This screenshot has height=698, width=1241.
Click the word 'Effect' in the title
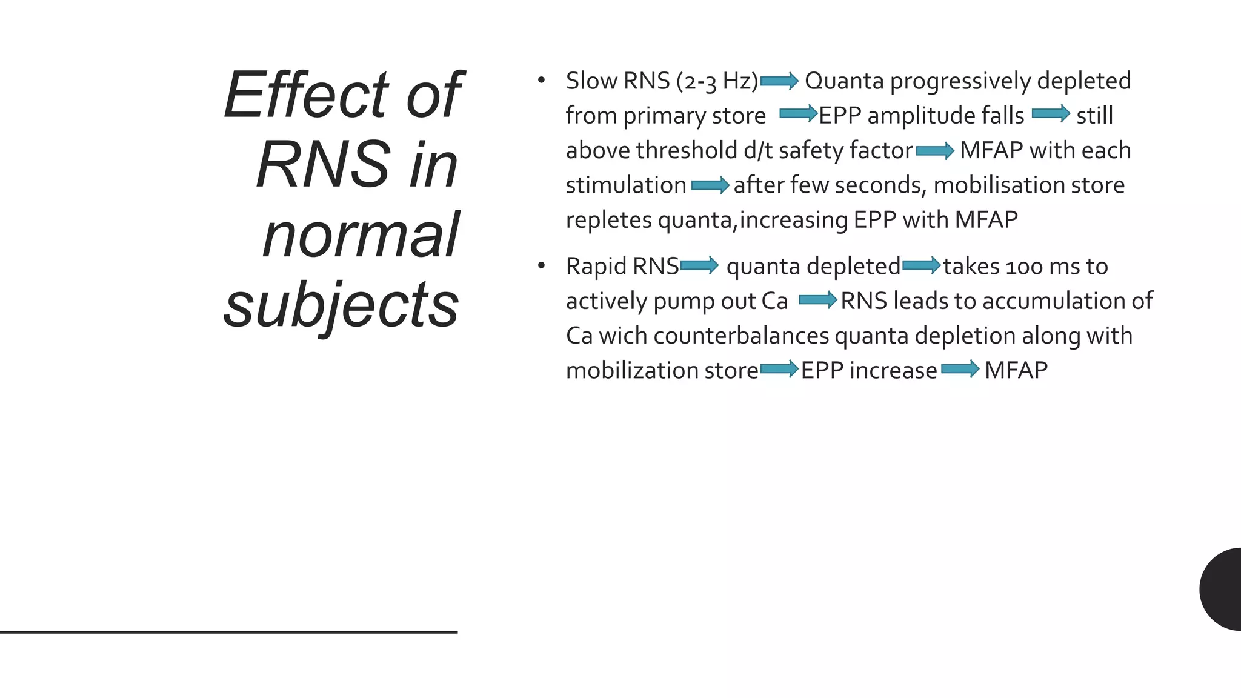307,95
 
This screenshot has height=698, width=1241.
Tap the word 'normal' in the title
361,234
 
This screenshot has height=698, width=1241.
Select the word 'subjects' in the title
341,304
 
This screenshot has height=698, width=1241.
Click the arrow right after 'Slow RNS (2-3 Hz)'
779,81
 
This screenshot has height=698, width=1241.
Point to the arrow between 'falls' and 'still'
1051,114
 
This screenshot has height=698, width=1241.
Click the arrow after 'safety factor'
935,150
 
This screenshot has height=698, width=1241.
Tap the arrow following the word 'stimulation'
710,185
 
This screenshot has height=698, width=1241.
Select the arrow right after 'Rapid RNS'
699,265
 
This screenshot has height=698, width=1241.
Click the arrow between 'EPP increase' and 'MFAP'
960,369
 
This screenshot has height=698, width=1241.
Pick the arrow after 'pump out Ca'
817,300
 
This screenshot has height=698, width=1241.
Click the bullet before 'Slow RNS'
541,80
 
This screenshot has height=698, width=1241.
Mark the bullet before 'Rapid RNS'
541,265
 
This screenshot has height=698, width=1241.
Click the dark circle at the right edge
1223,589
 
